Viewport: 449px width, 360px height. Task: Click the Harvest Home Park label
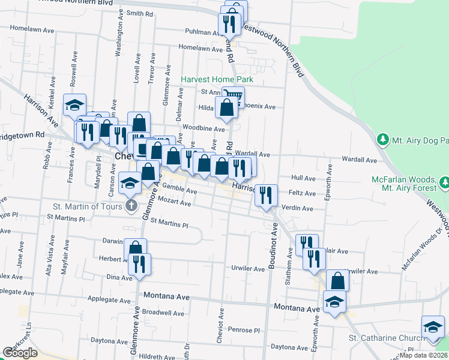pos(217,79)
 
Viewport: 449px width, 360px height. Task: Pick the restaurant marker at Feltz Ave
pos(266,194)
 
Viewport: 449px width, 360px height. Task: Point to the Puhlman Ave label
pos(203,31)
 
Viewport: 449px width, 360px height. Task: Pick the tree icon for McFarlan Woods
pos(444,181)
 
